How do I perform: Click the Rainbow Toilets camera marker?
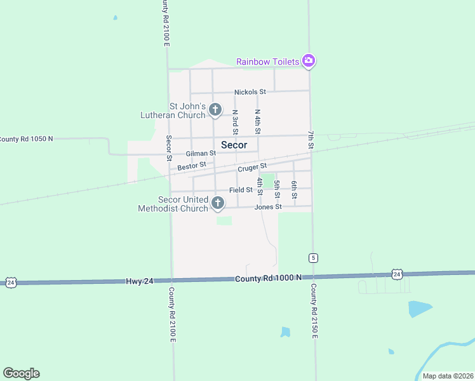coord(309,61)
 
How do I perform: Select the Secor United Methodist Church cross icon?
coord(218,203)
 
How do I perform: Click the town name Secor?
coord(234,145)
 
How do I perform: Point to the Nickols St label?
coord(250,92)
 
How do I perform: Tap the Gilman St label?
coord(201,154)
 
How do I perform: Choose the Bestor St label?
coord(192,166)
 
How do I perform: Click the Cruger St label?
coord(252,168)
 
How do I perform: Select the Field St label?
coord(241,190)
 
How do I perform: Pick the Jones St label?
coord(267,207)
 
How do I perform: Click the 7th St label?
coord(311,140)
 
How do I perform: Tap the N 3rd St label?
coord(235,122)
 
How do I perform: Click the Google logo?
coord(21,373)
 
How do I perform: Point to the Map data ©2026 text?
coord(447,376)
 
